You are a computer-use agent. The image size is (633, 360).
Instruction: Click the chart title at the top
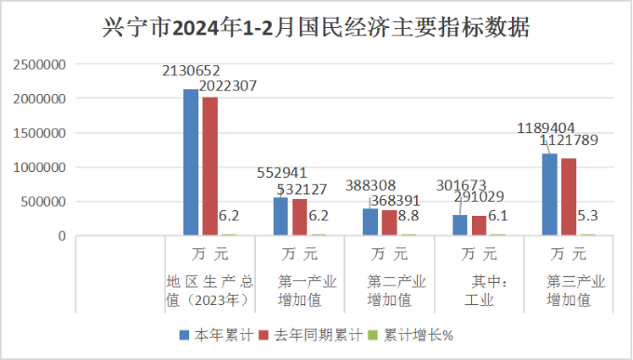click(316, 28)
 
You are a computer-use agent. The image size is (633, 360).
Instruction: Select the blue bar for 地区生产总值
click(191, 163)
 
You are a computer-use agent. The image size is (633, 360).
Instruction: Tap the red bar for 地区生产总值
click(209, 167)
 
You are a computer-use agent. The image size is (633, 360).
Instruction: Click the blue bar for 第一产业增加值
click(280, 217)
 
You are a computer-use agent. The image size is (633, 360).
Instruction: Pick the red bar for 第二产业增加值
click(389, 223)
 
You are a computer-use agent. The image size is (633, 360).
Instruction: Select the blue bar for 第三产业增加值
click(550, 194)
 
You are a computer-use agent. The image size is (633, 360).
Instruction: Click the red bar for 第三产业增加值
click(569, 197)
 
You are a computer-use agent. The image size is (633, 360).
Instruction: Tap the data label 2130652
click(191, 71)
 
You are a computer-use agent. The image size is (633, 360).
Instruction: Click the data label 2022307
click(226, 86)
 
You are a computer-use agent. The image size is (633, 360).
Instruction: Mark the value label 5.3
click(588, 216)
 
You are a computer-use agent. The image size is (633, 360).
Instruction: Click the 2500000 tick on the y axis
click(39, 65)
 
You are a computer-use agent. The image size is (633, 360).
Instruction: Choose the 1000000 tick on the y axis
click(39, 167)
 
